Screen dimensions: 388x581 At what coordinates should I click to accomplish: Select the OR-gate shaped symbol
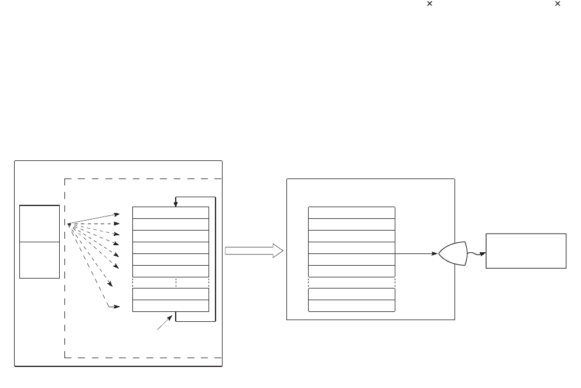tap(453, 253)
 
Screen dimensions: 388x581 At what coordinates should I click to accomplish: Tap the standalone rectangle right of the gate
tap(525, 251)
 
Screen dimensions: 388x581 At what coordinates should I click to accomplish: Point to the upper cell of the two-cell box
tap(39, 223)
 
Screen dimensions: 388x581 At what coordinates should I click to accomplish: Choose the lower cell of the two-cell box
tap(39, 260)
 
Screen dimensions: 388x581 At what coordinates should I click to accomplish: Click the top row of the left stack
tap(170, 212)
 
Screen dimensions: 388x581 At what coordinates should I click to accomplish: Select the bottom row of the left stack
tap(170, 306)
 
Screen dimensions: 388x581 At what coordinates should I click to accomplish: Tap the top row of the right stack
tap(351, 212)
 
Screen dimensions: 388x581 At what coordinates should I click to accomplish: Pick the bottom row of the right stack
tap(351, 306)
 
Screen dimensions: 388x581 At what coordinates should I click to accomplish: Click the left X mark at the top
tap(429, 4)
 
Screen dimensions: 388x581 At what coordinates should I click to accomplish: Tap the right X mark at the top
tap(558, 4)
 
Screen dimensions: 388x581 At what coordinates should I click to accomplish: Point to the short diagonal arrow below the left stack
tap(165, 322)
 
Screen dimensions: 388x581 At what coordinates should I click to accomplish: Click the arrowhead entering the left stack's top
tap(175, 204)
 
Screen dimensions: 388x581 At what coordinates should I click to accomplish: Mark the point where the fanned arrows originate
tap(69, 224)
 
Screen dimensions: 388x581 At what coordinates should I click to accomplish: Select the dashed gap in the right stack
tap(351, 283)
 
